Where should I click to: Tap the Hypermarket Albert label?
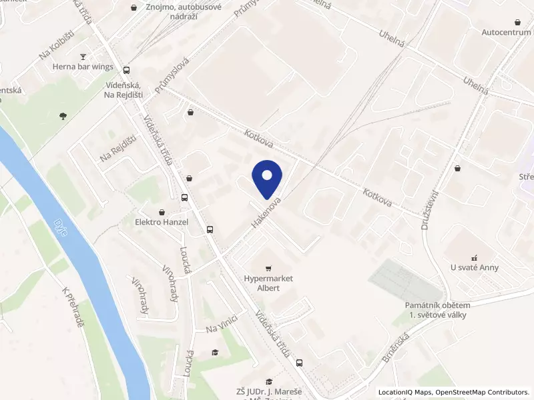pyautogui.click(x=268, y=283)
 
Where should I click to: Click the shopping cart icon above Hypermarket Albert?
pyautogui.click(x=268, y=268)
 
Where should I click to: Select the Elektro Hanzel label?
pyautogui.click(x=162, y=222)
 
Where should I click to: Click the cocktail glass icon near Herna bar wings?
pyautogui.click(x=83, y=57)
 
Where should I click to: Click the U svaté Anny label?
pyautogui.click(x=475, y=267)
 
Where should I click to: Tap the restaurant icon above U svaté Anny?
pyautogui.click(x=475, y=257)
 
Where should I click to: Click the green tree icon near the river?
pyautogui.click(x=63, y=116)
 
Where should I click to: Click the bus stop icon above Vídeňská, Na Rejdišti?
pyautogui.click(x=127, y=70)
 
